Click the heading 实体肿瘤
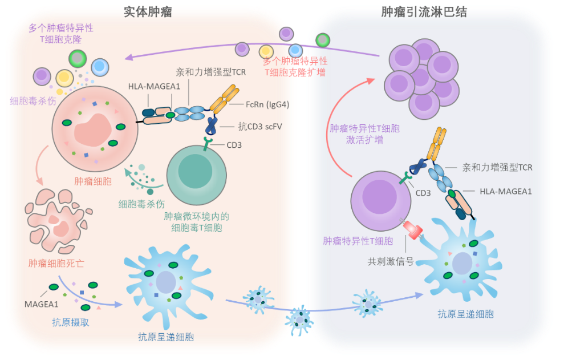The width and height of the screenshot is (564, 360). click(148, 12)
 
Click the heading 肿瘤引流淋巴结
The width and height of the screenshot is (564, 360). click(424, 12)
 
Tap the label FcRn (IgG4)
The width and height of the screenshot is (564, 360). click(267, 104)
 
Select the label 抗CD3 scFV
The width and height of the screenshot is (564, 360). click(260, 127)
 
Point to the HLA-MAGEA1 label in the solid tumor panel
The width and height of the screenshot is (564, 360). click(155, 86)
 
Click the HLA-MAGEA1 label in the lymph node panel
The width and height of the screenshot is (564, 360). click(506, 192)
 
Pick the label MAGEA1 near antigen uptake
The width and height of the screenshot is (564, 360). click(42, 305)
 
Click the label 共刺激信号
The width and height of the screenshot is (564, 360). click(391, 262)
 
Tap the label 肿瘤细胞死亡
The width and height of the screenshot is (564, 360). click(56, 263)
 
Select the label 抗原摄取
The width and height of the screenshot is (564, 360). click(71, 322)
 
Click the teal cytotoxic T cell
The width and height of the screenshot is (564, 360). click(196, 175)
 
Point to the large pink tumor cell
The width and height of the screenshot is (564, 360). click(95, 128)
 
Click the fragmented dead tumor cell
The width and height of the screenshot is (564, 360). click(58, 221)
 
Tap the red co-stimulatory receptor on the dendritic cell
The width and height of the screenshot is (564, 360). click(412, 230)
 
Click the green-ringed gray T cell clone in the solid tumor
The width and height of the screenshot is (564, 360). click(78, 58)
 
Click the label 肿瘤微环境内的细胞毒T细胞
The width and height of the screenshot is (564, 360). click(196, 222)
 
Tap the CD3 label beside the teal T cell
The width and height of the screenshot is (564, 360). click(234, 145)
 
